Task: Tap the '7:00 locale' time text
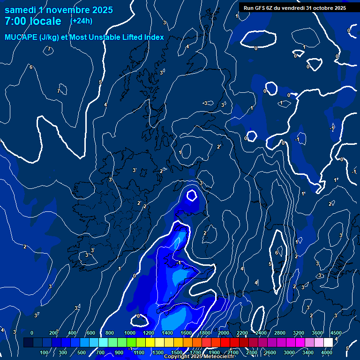[33, 21]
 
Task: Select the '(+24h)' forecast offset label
[81, 21]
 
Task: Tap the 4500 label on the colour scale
[336, 333]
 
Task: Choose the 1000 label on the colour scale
[130, 333]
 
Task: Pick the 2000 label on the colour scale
[224, 333]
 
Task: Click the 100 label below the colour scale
[45, 352]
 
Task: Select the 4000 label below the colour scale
[327, 352]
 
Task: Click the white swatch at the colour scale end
[328, 343]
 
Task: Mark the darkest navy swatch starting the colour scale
[28, 343]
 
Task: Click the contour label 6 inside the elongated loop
[277, 253]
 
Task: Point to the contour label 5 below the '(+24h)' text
[100, 82]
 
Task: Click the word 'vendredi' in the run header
[294, 8]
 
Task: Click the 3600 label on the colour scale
[317, 333]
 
